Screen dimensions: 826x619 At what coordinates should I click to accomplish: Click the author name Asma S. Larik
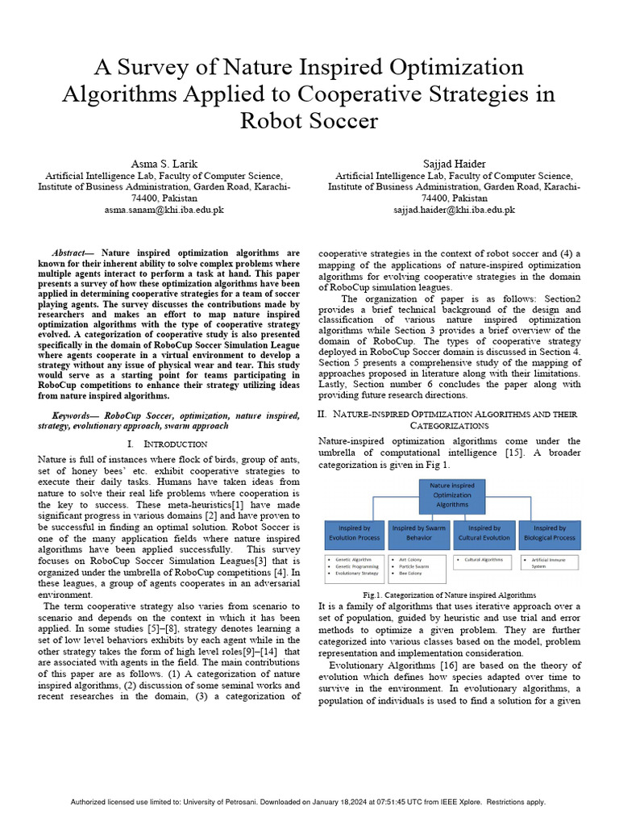pyautogui.click(x=164, y=164)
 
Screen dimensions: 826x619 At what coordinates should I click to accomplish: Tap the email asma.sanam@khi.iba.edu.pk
pyautogui.click(x=164, y=210)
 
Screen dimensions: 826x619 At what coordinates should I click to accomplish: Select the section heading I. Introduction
pyautogui.click(x=168, y=444)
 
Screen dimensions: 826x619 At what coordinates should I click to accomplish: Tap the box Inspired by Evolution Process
pyautogui.click(x=354, y=533)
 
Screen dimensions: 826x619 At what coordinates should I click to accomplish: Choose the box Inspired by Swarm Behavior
pyautogui.click(x=419, y=533)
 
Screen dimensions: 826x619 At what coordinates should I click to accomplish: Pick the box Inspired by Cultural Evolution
pyautogui.click(x=484, y=533)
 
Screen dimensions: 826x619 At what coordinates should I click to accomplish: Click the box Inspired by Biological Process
pyautogui.click(x=550, y=533)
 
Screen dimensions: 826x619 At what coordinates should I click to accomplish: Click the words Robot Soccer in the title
pyautogui.click(x=309, y=121)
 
